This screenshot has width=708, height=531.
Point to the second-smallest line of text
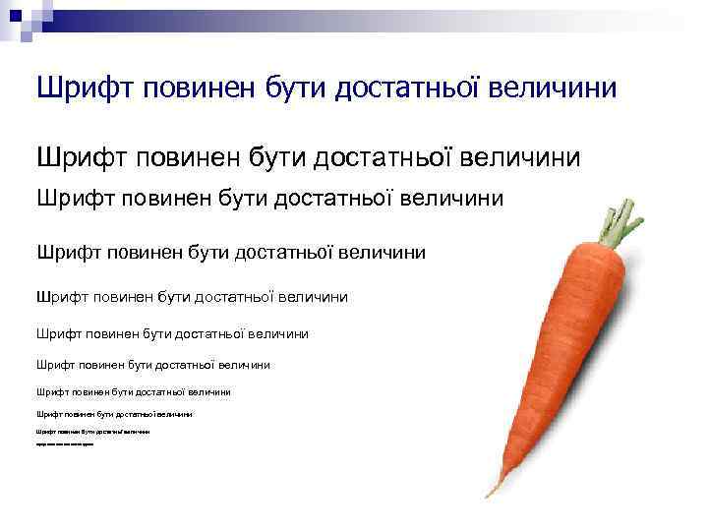[x=92, y=432]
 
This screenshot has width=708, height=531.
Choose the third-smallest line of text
[x=113, y=414]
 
